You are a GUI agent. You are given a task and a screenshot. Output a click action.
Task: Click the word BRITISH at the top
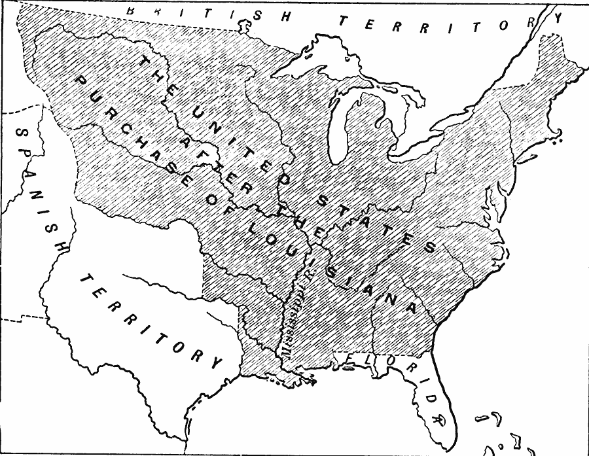point(202,14)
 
